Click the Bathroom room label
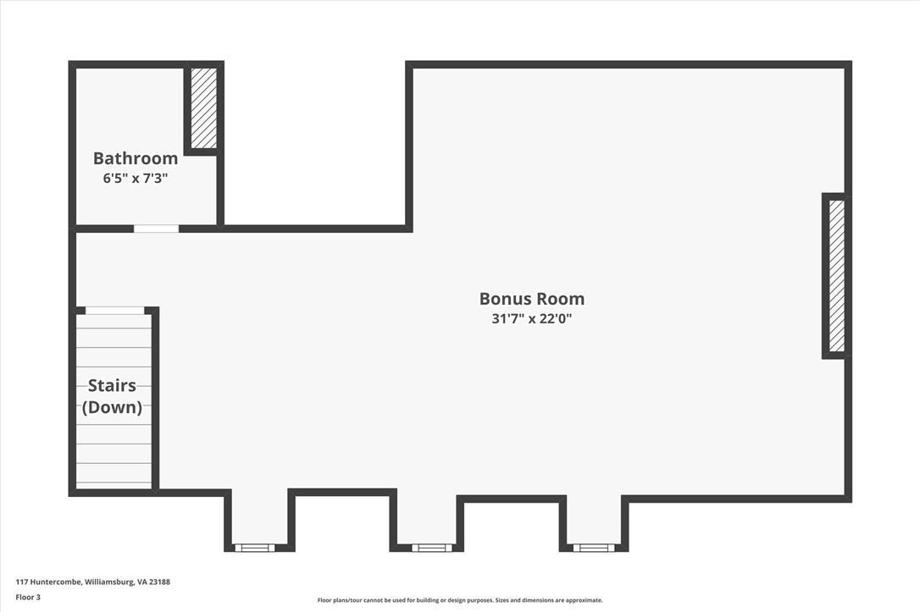tap(136, 158)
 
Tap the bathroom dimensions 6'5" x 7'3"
tap(136, 179)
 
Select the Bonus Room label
tap(532, 298)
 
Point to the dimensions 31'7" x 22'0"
tap(532, 319)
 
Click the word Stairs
tap(112, 385)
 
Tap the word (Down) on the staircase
tap(112, 407)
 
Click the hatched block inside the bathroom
tap(204, 108)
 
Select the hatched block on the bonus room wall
tap(837, 275)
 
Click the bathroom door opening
tap(156, 229)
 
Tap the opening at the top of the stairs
tap(115, 310)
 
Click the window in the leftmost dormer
tap(255, 548)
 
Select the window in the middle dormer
tap(432, 548)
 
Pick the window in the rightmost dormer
tap(594, 548)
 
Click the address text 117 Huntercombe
tap(48, 582)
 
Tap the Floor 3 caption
tap(28, 598)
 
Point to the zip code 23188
tap(159, 582)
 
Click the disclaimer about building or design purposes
tap(460, 600)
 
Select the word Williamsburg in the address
tap(109, 582)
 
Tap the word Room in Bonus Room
tap(560, 298)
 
